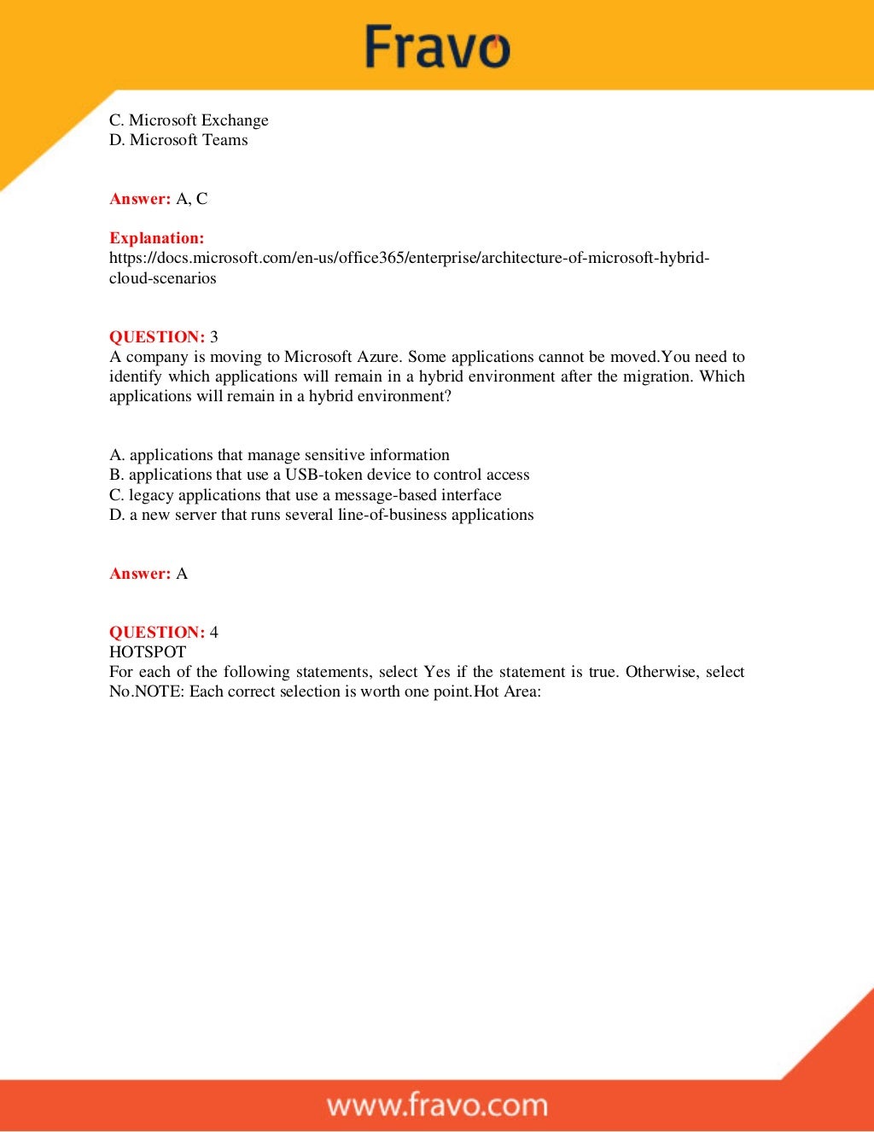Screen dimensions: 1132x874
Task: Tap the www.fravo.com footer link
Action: click(x=437, y=1105)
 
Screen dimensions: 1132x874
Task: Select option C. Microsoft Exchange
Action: click(x=189, y=120)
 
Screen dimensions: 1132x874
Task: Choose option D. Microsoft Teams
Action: click(x=178, y=140)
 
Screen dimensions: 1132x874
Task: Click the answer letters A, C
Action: click(x=191, y=199)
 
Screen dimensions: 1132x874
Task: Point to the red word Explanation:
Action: click(x=157, y=238)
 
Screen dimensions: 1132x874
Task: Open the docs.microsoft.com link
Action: click(x=409, y=258)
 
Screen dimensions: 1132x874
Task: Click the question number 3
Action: click(x=214, y=336)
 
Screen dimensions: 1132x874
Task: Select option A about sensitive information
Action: click(x=279, y=455)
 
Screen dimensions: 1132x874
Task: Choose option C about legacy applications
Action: click(x=305, y=495)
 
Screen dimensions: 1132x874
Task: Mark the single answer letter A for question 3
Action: click(x=182, y=574)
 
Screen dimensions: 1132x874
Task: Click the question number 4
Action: click(x=214, y=633)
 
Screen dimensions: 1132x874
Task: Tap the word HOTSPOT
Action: click(x=148, y=652)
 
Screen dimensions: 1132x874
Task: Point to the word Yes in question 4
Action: click(x=437, y=672)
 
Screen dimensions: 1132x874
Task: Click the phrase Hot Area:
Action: click(x=508, y=691)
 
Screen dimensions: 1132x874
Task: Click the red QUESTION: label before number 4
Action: click(x=157, y=633)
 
